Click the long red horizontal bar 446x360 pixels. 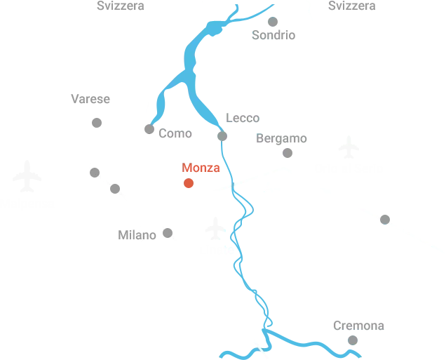click(201, 168)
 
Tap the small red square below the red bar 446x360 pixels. click(187, 184)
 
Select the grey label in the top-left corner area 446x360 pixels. click(120, 6)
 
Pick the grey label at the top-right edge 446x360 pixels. click(350, 6)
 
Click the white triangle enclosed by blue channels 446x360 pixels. click(179, 102)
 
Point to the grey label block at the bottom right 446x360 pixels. click(358, 326)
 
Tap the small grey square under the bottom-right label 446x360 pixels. click(353, 340)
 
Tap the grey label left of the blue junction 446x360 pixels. click(168, 131)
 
